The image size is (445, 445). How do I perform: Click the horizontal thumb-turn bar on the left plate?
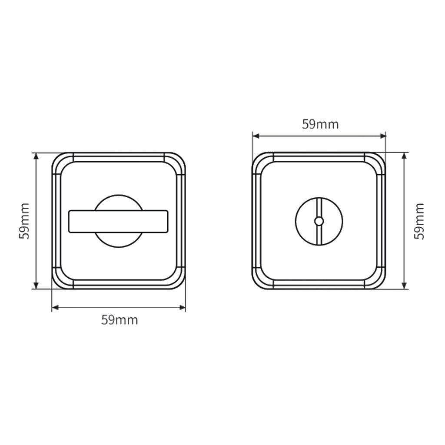[118, 221]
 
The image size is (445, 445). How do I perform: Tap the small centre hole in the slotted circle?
[319, 221]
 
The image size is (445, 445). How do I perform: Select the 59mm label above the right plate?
[320, 124]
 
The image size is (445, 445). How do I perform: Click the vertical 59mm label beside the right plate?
[419, 221]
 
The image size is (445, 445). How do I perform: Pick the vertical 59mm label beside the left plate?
[24, 221]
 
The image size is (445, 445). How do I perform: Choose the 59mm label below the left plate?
[120, 320]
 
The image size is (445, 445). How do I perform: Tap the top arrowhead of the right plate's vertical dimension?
[405, 156]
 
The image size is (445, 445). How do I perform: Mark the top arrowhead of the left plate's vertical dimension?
[36, 156]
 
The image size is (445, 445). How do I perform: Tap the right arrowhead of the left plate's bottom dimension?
[183, 308]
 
